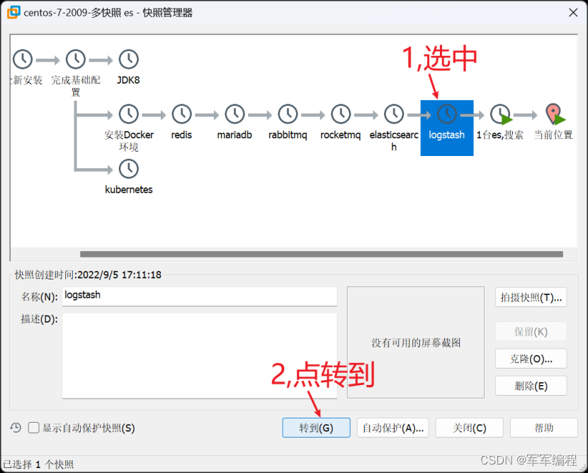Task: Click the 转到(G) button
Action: tap(316, 428)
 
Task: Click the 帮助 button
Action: tap(544, 428)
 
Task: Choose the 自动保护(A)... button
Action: tap(392, 428)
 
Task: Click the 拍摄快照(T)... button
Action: tap(531, 297)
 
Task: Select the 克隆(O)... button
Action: tap(531, 359)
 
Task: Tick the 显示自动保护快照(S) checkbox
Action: tap(33, 428)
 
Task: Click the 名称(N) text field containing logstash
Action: tap(199, 295)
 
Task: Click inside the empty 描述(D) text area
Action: tap(199, 355)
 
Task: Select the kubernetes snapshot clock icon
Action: tap(128, 169)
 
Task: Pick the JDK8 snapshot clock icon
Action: tap(128, 60)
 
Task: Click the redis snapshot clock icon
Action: tap(181, 113)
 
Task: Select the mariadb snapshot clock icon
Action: tap(234, 113)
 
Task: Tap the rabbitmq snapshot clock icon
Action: tap(288, 113)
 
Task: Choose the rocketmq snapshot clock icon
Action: tap(341, 113)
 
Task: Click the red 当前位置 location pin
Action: tap(553, 113)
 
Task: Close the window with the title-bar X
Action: tap(572, 12)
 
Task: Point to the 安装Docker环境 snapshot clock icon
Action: tap(128, 113)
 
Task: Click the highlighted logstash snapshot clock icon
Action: tap(446, 113)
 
